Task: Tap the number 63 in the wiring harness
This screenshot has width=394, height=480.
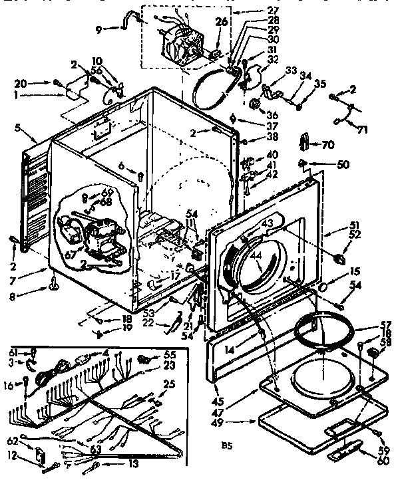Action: [96, 449]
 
